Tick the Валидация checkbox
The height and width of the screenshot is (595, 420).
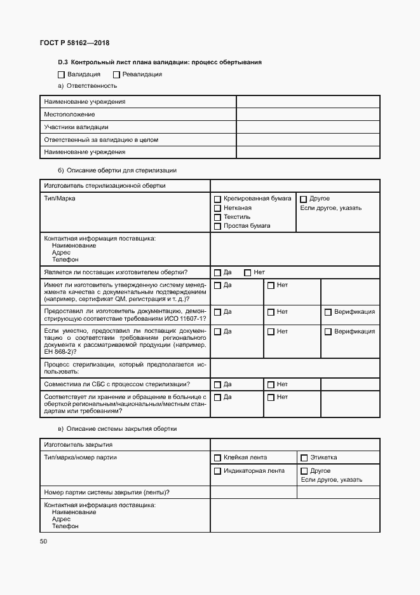click(62, 74)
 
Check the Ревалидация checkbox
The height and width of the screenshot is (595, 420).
click(116, 74)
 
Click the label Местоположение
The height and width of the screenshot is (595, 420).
click(69, 115)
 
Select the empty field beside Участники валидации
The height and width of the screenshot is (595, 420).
click(308, 127)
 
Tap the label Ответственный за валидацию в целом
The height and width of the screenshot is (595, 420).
click(100, 139)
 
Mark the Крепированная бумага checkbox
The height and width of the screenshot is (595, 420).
click(217, 199)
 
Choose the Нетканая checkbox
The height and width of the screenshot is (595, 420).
click(217, 208)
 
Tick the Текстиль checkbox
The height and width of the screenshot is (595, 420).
click(217, 217)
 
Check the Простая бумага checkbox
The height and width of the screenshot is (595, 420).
click(217, 226)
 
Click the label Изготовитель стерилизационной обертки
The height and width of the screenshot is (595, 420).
click(104, 186)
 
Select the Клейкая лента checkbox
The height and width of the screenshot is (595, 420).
click(217, 458)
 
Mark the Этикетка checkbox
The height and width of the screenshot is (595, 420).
click(304, 458)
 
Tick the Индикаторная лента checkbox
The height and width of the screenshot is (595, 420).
click(217, 472)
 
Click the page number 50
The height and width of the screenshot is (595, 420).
click(43, 541)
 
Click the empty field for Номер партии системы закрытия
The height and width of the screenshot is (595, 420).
click(254, 493)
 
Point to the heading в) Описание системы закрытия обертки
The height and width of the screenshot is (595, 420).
click(118, 429)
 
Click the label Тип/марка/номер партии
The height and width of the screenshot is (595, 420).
click(80, 458)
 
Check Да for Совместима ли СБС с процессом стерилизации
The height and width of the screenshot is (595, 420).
click(217, 384)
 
